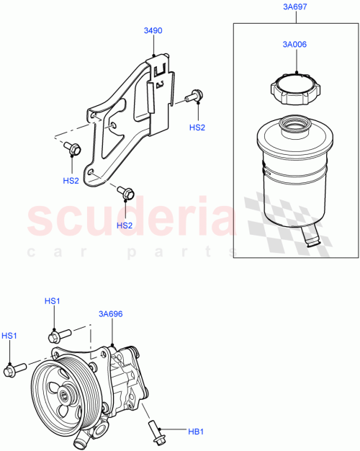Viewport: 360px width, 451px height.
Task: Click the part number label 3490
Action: click(153, 31)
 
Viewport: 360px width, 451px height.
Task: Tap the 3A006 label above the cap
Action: click(294, 44)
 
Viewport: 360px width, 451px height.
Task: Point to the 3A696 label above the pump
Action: click(111, 314)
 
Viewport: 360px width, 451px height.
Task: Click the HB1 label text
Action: click(197, 433)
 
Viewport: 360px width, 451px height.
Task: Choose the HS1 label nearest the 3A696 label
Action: click(53, 301)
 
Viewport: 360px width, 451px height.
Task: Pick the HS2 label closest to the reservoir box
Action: click(197, 127)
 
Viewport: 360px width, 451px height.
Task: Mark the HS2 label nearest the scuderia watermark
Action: click(125, 225)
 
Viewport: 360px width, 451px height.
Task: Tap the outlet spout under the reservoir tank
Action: click(311, 235)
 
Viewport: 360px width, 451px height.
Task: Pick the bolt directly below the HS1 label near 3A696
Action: click(58, 336)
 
